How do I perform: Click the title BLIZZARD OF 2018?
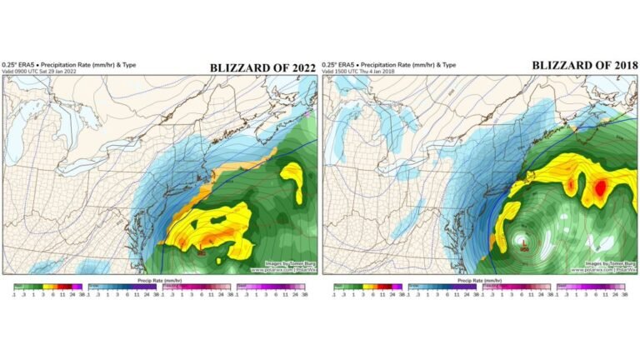coord(586,64)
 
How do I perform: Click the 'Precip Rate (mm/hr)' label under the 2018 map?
coord(480,280)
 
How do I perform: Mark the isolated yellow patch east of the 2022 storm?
coord(292,179)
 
